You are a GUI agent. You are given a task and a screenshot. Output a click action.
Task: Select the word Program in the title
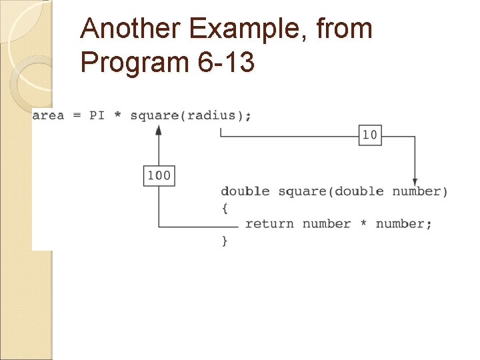tap(134, 63)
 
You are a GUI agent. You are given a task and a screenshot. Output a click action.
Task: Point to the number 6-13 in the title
tap(226, 63)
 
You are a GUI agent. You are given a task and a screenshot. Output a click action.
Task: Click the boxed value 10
tap(369, 135)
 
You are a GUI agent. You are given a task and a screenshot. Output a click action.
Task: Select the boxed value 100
tap(159, 176)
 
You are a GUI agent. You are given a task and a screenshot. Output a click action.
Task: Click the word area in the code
tap(48, 115)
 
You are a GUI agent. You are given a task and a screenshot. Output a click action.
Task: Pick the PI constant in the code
tap(97, 115)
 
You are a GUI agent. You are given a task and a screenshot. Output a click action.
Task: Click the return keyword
tap(269, 224)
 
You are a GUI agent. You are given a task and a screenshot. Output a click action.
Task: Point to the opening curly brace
tap(225, 208)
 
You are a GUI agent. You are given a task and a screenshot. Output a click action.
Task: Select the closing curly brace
tap(225, 240)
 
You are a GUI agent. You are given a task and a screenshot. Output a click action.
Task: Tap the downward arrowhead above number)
tap(415, 181)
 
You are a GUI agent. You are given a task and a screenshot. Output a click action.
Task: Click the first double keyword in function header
tap(245, 192)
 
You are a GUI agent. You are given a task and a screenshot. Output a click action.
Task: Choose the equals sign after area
tap(77, 115)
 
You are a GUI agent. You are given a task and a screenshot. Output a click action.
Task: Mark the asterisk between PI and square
tap(117, 115)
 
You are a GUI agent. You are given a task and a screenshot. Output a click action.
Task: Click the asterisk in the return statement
tap(363, 224)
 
